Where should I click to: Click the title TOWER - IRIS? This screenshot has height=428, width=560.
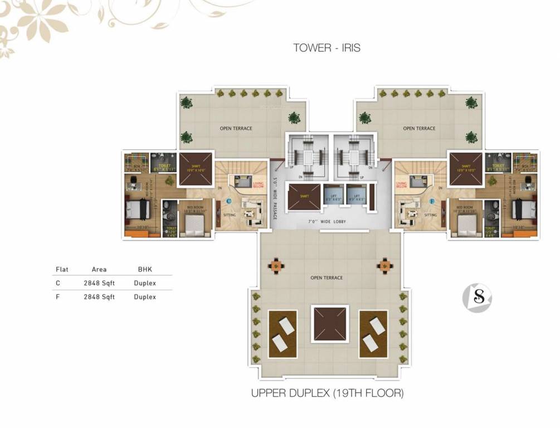pos(327,48)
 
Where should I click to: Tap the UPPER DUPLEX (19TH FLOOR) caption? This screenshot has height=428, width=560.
pos(327,393)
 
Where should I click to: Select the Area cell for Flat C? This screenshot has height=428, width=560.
pos(99,283)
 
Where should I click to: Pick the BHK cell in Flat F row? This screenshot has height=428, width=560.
pos(145,297)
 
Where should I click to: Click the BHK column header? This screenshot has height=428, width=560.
pos(145,269)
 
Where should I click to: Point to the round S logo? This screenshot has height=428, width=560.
pos(478,298)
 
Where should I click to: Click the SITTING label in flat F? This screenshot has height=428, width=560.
pos(431,215)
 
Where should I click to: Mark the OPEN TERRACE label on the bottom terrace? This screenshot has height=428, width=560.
pos(327,278)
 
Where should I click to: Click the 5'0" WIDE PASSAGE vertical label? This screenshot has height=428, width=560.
pos(275,198)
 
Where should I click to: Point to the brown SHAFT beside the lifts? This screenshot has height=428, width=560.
pos(303,196)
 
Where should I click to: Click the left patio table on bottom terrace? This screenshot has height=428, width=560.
pos(275,264)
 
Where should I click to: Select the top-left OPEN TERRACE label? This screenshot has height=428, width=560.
pos(236,129)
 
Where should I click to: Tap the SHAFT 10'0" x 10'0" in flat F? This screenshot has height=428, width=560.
pos(465,168)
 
